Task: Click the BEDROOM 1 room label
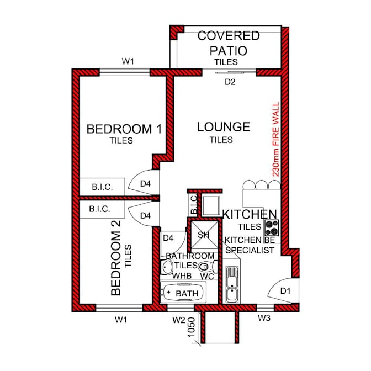coord(124,129)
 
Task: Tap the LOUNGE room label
coord(224,127)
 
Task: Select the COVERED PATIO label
coord(229,43)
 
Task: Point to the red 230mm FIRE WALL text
coord(276,139)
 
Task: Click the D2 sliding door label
coord(230,82)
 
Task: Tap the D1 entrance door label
coord(285,291)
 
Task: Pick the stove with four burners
coord(272,228)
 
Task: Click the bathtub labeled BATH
coord(183,293)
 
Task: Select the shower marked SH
coord(204,235)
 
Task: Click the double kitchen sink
coord(232,284)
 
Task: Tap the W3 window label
coord(264,318)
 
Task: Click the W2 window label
coord(179,320)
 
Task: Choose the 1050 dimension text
coord(191,327)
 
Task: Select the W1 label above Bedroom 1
coord(128,61)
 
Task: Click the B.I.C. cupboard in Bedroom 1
coord(102,187)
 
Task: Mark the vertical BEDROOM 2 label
coord(116,258)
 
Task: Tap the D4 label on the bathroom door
coord(168,238)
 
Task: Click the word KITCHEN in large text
coord(250,214)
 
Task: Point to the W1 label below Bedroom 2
coord(121,320)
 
